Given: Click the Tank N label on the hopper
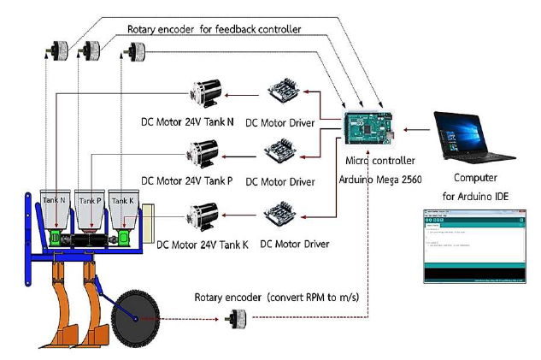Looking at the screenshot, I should (56, 200).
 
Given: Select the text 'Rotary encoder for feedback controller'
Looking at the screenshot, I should (214, 29).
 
